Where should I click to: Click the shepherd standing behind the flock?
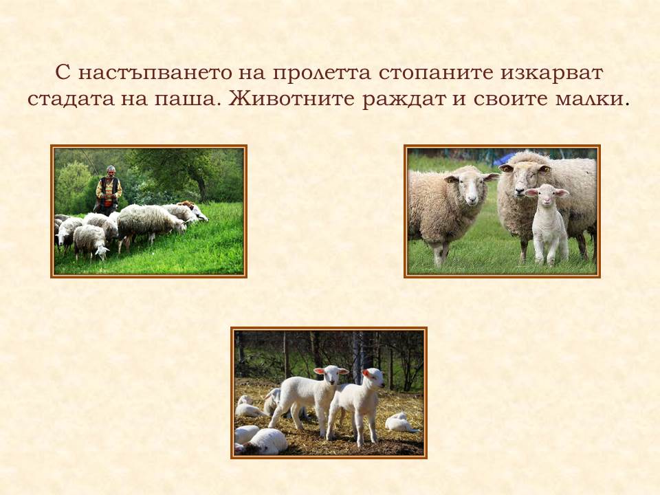click(108, 189)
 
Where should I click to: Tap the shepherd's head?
click(110, 170)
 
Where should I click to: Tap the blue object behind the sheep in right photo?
click(504, 158)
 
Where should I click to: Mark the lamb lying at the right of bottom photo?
click(400, 422)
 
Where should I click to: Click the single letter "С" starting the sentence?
click(61, 73)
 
